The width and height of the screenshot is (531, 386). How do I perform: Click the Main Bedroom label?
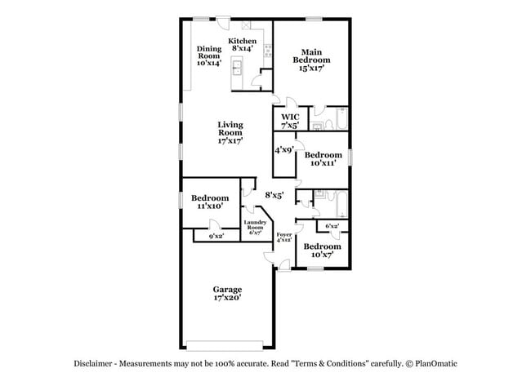(x=311, y=60)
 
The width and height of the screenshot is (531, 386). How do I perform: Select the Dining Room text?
(x=209, y=55)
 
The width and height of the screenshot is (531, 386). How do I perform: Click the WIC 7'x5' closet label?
(x=291, y=122)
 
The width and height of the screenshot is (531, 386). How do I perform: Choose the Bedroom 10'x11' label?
(x=323, y=158)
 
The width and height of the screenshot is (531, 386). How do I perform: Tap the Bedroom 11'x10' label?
(x=210, y=202)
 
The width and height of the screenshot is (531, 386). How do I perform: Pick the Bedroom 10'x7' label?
(x=323, y=250)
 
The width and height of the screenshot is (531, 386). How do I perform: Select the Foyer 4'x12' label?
(x=283, y=237)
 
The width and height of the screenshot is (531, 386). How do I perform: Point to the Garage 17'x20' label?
(x=227, y=293)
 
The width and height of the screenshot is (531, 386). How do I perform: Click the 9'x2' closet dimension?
(x=216, y=236)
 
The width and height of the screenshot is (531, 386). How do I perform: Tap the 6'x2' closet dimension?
(x=332, y=226)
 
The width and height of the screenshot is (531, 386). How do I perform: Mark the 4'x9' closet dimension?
(x=283, y=150)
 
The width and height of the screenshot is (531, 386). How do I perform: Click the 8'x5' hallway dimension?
(x=274, y=195)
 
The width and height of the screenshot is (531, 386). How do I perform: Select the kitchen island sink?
(x=237, y=68)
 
